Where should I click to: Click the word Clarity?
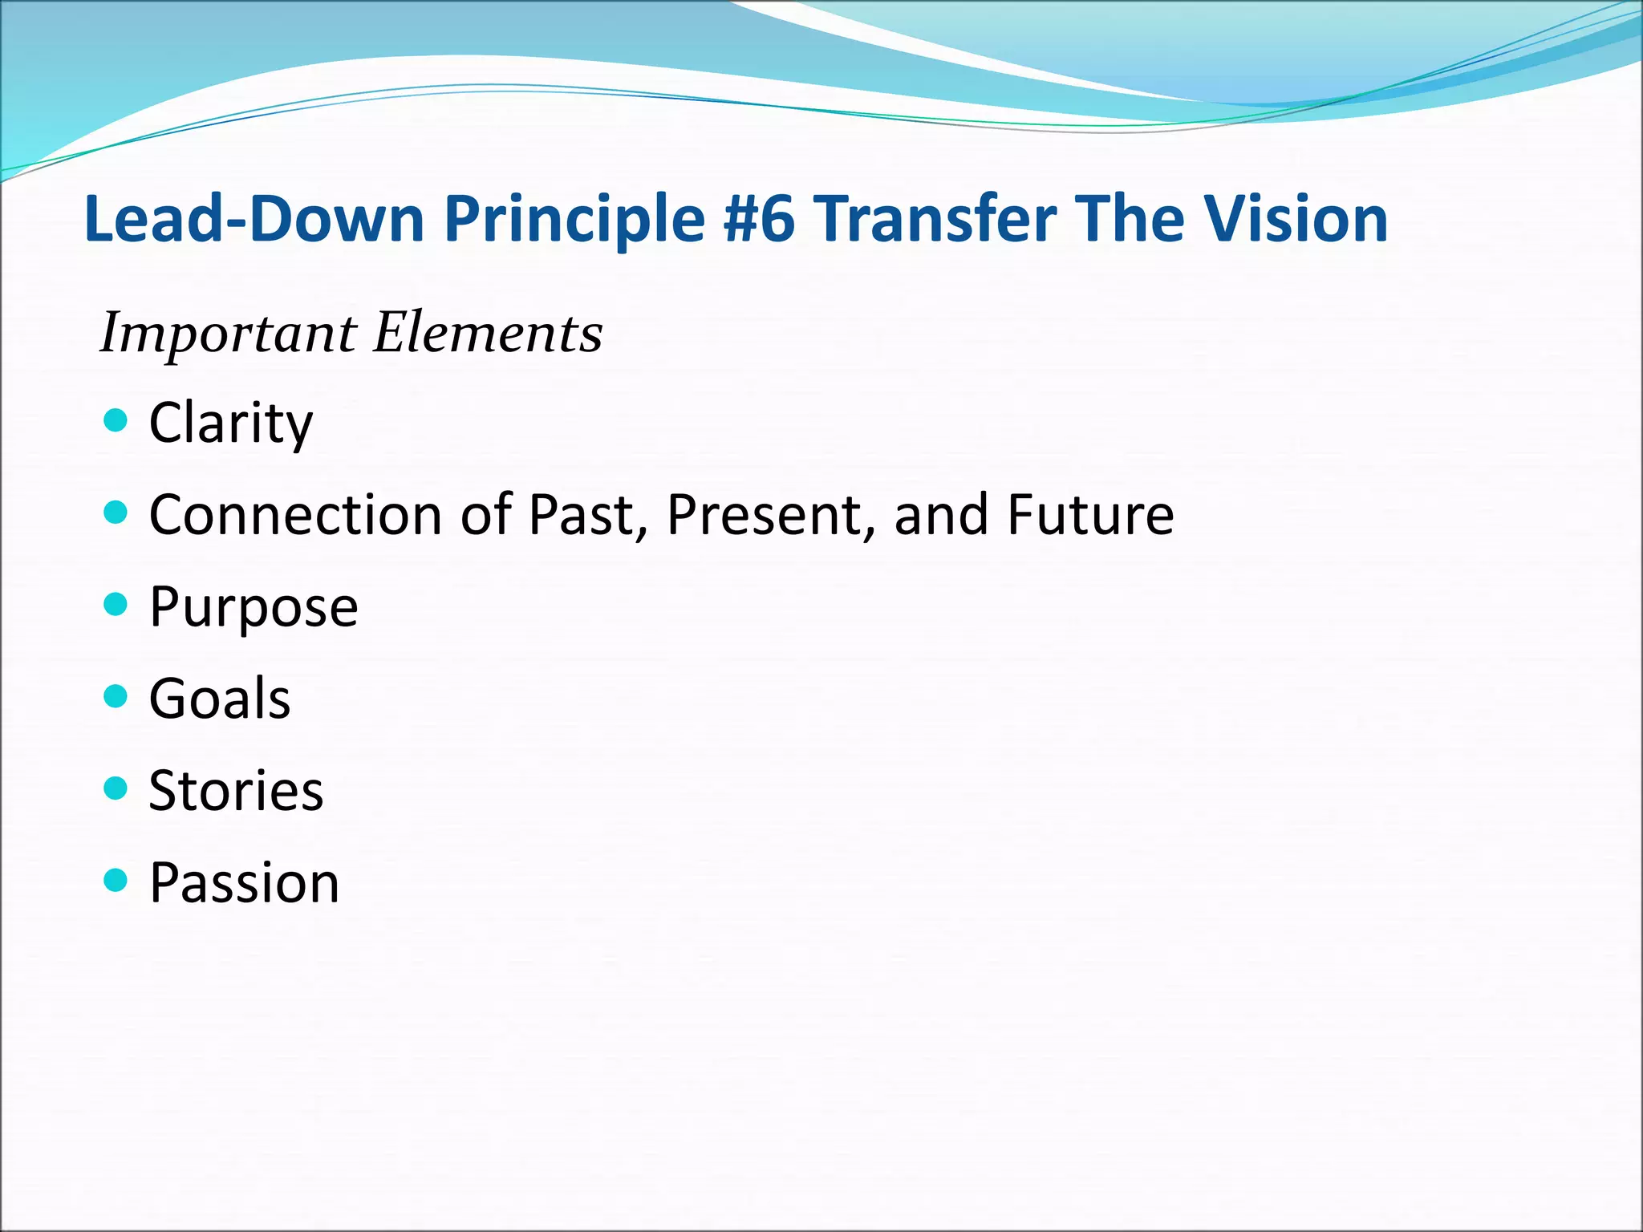[231, 423]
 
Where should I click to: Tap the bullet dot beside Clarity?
[116, 419]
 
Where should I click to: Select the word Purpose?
[254, 607]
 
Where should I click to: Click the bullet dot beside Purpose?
[116, 603]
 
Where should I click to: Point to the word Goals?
[220, 699]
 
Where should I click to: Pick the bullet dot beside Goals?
[116, 695]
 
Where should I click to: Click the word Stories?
[236, 791]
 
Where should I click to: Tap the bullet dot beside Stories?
[116, 788]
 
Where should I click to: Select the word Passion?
[245, 883]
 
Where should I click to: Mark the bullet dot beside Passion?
[116, 880]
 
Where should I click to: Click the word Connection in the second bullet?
[295, 515]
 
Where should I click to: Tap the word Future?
[1090, 515]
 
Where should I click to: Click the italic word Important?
[228, 334]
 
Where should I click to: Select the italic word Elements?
[488, 334]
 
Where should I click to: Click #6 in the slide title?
[758, 219]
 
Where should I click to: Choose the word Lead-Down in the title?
[254, 219]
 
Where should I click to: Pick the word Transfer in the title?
[935, 219]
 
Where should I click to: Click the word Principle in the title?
[574, 219]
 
